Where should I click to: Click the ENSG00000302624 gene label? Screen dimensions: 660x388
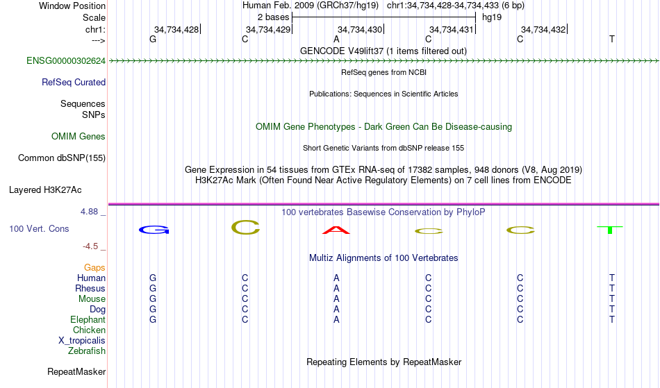[x=66, y=61]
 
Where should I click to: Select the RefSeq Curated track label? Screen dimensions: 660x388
[x=73, y=83]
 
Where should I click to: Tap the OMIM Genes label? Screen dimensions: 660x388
[x=78, y=137]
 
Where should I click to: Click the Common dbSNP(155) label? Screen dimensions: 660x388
[x=61, y=158]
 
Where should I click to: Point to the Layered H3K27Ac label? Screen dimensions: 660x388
[x=45, y=190]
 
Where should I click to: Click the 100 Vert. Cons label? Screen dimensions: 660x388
[x=39, y=228]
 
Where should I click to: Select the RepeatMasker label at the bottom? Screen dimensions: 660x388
[x=76, y=371]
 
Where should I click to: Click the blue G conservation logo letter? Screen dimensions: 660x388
[x=154, y=230]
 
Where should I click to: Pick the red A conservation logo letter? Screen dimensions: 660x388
[x=336, y=230]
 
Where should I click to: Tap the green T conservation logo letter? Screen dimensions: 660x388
[x=610, y=230]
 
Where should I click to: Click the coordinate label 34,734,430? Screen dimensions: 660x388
[x=359, y=30]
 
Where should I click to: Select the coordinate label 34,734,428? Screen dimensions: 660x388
[x=176, y=30]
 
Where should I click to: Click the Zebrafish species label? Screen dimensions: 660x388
[x=87, y=351]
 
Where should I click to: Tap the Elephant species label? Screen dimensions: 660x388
[x=88, y=320]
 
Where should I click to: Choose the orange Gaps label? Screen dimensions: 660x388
[x=94, y=268]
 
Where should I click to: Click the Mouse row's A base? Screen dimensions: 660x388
[x=336, y=299]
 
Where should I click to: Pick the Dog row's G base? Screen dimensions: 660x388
[x=153, y=310]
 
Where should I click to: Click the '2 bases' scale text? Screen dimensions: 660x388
[x=273, y=17]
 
